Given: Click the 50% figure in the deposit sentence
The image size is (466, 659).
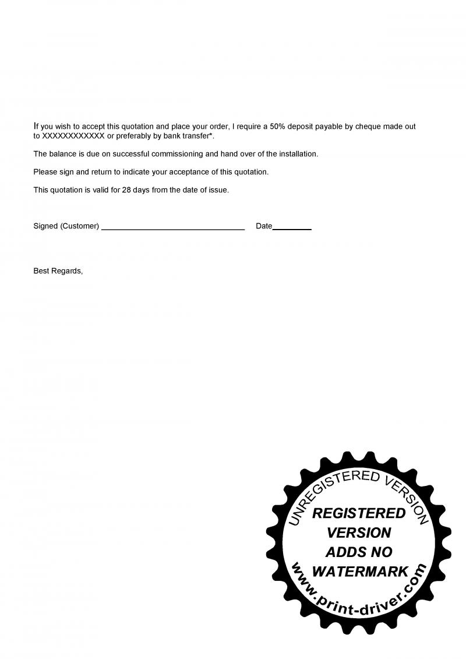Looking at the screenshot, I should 278,126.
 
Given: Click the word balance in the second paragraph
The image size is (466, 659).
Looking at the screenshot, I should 63,154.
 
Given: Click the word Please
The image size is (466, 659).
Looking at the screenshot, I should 45,172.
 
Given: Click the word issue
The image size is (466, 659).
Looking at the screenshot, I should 218,190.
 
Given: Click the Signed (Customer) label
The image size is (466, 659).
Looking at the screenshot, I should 66,226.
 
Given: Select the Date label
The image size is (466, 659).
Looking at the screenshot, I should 264,226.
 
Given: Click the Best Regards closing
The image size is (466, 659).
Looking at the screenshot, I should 58,271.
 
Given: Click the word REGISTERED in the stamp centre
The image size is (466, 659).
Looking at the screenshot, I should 359,513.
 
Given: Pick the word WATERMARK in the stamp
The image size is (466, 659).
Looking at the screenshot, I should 360,572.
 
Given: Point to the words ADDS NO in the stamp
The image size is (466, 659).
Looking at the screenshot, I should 359,552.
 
